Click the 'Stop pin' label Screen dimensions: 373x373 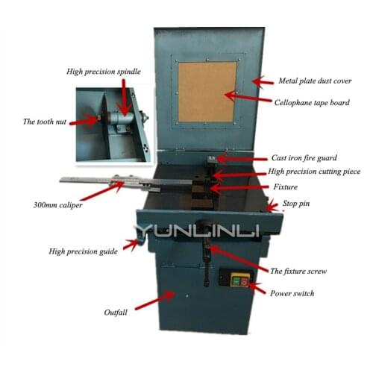point(302,203)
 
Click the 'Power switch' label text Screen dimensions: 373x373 point(294,293)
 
